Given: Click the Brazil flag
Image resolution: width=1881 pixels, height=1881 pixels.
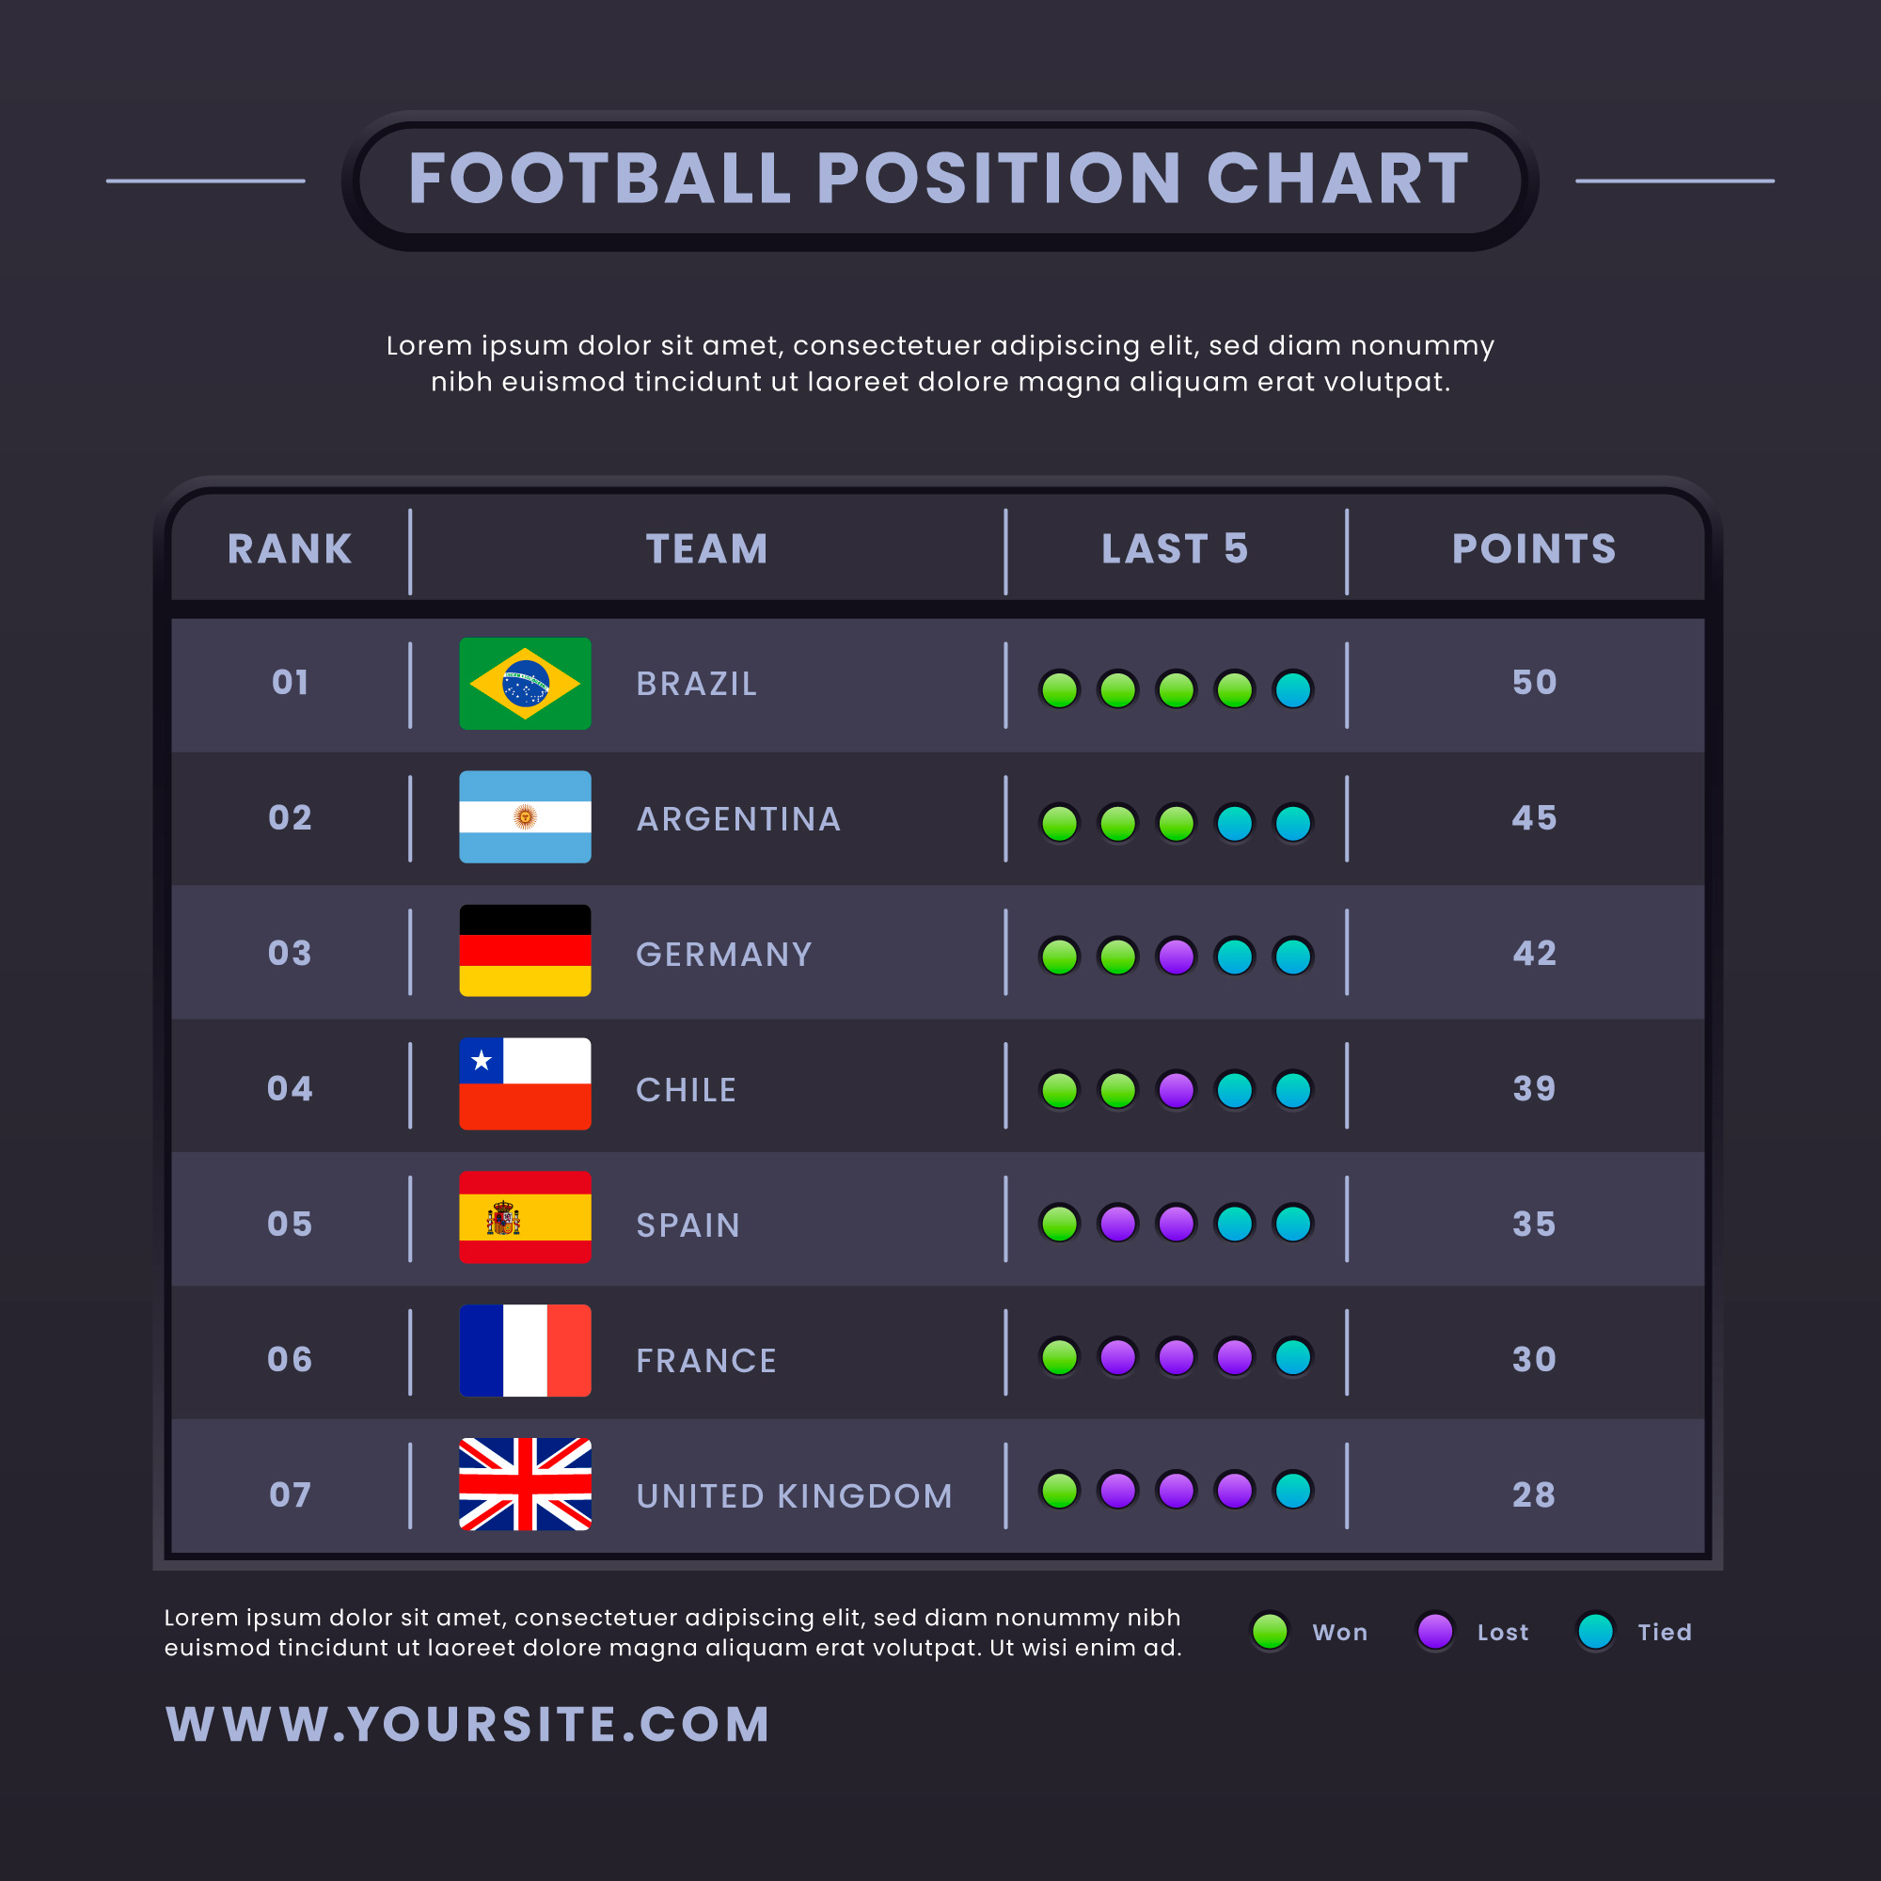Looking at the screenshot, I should [525, 684].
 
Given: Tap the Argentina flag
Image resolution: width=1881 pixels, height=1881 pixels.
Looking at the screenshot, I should [525, 817].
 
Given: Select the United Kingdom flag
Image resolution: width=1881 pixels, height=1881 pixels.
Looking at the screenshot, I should [525, 1484].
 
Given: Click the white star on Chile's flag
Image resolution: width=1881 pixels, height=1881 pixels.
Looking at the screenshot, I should [481, 1060].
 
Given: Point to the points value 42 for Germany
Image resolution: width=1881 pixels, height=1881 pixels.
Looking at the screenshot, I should [1534, 953].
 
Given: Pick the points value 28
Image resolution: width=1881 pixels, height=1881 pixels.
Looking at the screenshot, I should [1534, 1494].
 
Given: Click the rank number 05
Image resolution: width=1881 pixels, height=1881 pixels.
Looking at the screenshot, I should [290, 1224].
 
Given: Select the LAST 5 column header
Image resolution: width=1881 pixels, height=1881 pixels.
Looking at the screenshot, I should [1175, 549].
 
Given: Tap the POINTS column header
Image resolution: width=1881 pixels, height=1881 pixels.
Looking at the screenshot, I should [1534, 549].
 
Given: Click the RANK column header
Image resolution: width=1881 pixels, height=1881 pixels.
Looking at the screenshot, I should [290, 549].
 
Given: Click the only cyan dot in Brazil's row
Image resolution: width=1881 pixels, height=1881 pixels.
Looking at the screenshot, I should [1293, 689].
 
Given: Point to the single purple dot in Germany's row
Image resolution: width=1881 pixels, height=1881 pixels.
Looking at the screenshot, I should [1177, 956].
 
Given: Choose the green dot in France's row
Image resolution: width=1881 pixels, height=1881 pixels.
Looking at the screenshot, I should [1059, 1356].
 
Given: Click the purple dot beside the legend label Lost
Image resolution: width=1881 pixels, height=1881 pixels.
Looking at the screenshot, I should [1435, 1632].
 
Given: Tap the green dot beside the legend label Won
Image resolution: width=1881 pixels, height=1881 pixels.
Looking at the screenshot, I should [1270, 1632].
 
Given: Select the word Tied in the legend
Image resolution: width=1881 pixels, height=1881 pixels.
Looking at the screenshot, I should [1664, 1633].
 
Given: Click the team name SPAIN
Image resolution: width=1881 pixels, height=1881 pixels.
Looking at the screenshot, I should [688, 1225].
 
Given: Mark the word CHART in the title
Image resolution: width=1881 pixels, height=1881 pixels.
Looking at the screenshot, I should [1337, 179].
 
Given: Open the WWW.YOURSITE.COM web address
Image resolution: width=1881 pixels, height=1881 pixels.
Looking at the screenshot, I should [468, 1724].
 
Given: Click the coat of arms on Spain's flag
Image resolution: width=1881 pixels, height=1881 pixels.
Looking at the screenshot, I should [503, 1218].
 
